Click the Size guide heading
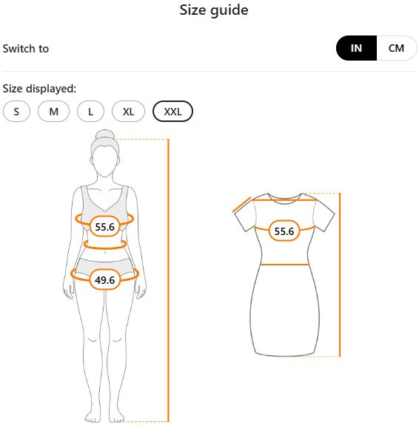214,10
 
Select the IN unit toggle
356,48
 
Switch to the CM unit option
397,48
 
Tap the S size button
16,112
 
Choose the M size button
54,112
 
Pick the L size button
91,112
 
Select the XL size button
129,112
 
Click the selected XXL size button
173,112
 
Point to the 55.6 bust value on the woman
105,227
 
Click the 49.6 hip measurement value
105,279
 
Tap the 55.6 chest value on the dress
284,231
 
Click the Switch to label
26,49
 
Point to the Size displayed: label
40,89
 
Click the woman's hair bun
105,135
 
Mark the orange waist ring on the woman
105,248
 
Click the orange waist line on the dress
284,265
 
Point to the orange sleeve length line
241,205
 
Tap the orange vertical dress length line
340,275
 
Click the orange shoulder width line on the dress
285,200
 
